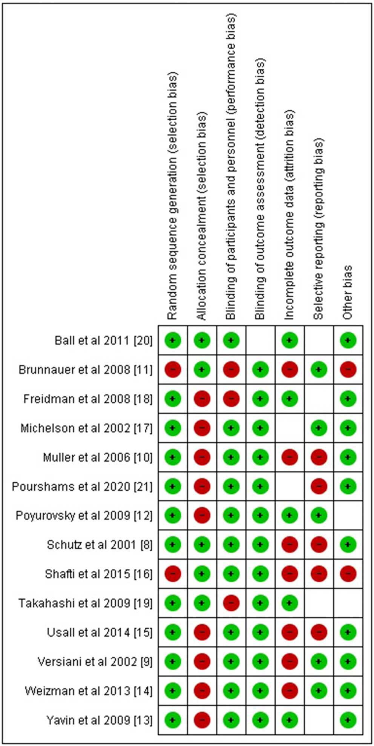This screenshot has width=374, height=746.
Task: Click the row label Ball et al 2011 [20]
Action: click(103, 341)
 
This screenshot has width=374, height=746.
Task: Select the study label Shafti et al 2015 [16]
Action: click(98, 574)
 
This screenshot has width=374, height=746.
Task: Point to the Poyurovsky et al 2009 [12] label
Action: click(84, 516)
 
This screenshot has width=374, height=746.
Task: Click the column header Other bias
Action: click(347, 292)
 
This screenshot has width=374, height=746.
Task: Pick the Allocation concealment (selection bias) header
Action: click(202, 216)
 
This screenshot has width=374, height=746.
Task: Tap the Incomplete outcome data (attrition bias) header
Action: click(289, 215)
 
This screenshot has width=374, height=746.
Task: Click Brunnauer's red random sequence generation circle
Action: click(173, 370)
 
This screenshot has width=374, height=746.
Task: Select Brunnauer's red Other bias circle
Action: click(348, 370)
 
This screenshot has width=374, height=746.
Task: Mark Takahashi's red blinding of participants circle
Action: click(231, 603)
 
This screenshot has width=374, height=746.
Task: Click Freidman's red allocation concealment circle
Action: click(202, 399)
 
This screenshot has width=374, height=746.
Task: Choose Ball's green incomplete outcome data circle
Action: click(290, 340)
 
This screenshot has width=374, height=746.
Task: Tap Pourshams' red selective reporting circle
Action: click(319, 487)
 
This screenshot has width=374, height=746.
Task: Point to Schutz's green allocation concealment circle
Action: click(202, 545)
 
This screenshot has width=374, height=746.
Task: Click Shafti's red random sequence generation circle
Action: click(173, 574)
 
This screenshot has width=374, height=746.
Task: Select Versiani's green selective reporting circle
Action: click(319, 662)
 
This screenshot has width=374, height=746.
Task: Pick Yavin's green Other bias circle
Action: click(348, 720)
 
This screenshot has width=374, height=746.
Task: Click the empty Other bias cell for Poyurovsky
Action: click(348, 516)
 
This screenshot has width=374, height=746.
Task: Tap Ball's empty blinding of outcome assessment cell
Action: click(261, 340)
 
